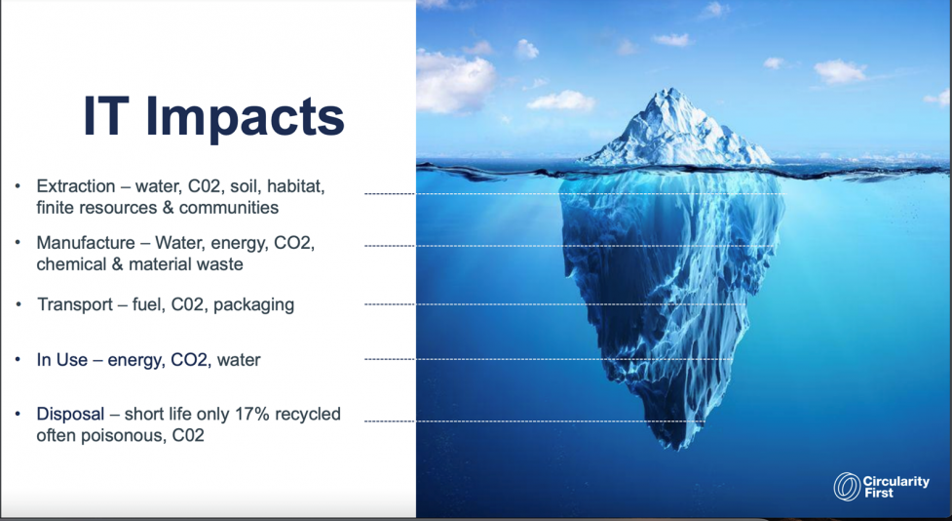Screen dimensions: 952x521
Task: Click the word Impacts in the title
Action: (x=246, y=117)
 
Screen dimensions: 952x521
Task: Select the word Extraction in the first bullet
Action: (x=76, y=186)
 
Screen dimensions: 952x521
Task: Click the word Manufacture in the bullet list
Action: (x=86, y=243)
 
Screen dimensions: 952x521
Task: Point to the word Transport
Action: (x=75, y=304)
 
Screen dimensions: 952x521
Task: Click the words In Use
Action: (x=62, y=360)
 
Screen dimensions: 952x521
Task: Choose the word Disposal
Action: (x=70, y=414)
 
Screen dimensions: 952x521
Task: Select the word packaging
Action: (x=253, y=304)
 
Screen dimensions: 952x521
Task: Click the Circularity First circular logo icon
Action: (x=847, y=486)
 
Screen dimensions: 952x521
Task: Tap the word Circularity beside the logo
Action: (x=896, y=481)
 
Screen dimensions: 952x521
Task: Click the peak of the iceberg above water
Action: (x=669, y=91)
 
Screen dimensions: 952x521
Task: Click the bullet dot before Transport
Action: (x=19, y=303)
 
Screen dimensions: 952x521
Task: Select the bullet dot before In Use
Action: (x=18, y=359)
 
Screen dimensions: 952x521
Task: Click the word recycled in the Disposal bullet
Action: (x=308, y=414)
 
